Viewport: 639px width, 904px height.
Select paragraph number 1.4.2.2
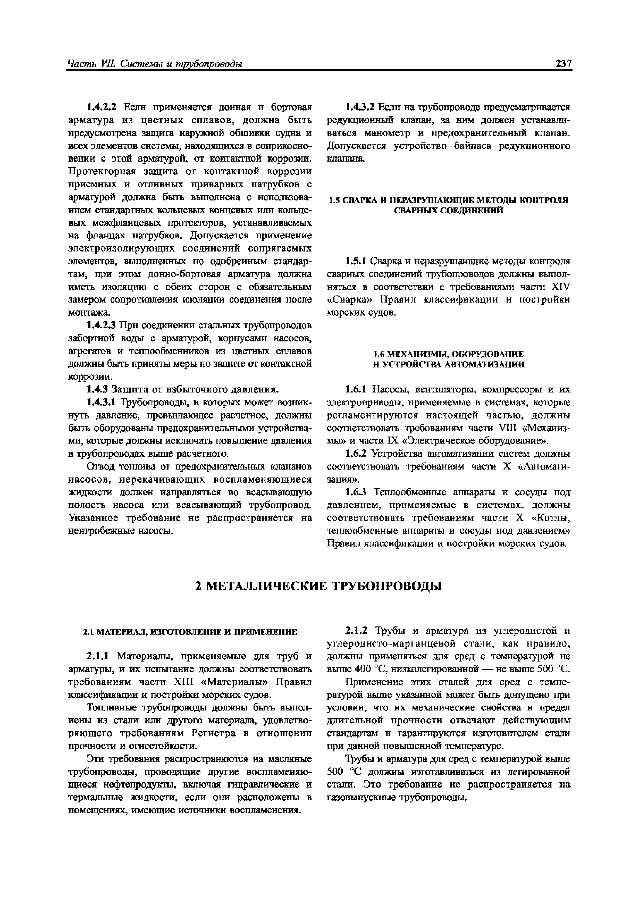coord(102,107)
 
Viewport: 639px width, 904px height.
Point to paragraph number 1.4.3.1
coord(102,402)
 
